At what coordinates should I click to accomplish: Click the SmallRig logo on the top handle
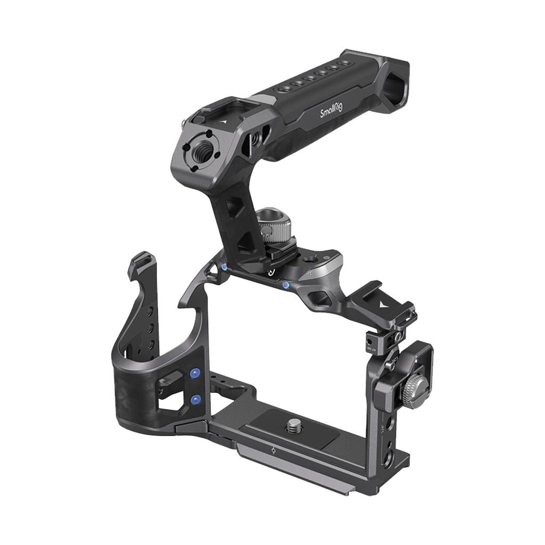331,110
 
